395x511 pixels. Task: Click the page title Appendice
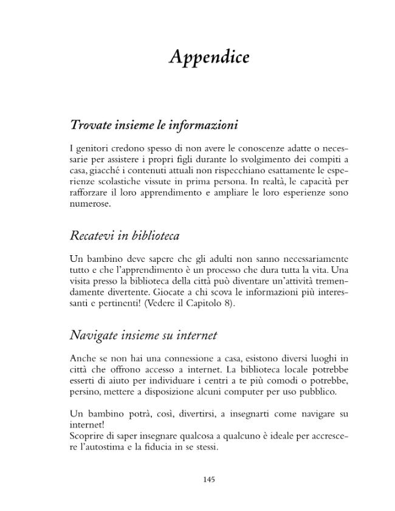pyautogui.click(x=208, y=57)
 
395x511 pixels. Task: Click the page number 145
pyautogui.click(x=208, y=479)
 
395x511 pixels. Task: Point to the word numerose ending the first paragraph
pyautogui.click(x=90, y=204)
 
